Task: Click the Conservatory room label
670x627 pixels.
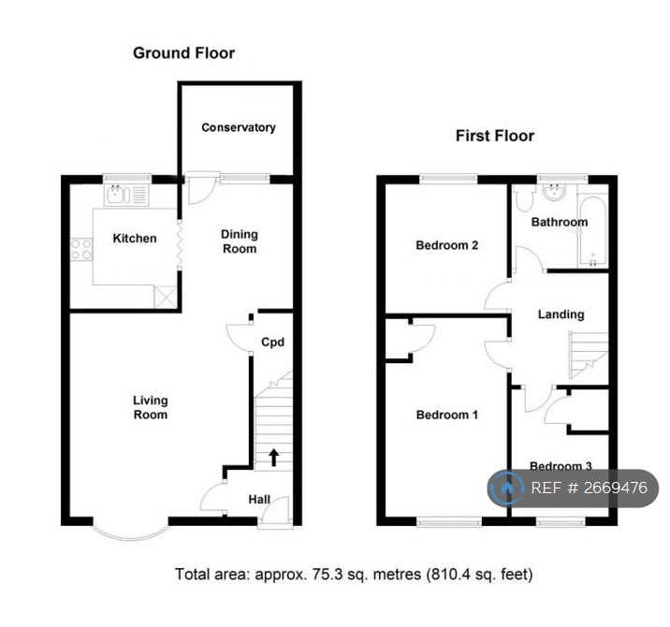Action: tap(239, 127)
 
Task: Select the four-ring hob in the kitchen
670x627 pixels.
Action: tap(80, 250)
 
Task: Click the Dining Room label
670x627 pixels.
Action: tap(238, 241)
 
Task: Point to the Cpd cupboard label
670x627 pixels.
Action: tap(271, 343)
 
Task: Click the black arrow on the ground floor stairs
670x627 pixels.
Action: tap(273, 457)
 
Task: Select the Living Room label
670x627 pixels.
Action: tap(150, 407)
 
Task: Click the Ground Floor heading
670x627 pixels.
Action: tap(183, 53)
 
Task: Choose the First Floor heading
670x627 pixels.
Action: tap(494, 136)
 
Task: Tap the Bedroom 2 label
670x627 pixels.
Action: tap(447, 246)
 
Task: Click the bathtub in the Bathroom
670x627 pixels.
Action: tap(592, 230)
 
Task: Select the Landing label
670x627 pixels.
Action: tap(561, 314)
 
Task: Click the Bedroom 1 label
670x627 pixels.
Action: tap(446, 414)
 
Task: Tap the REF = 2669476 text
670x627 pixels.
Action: tap(589, 488)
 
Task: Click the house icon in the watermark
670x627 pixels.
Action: tap(507, 488)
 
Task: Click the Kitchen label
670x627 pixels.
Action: tap(135, 239)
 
